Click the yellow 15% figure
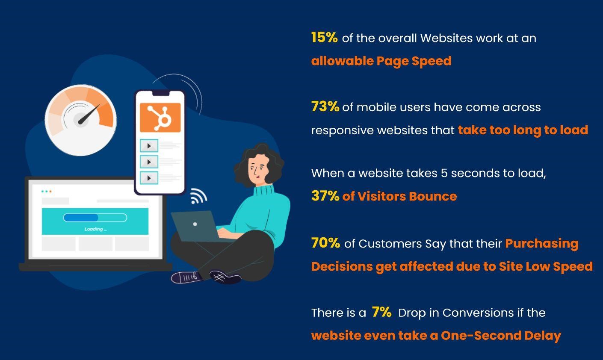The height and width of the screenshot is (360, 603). (324, 38)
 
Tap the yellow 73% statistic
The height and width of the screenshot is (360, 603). (325, 106)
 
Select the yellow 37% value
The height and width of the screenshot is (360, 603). (325, 196)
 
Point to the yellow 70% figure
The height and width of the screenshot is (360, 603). (325, 243)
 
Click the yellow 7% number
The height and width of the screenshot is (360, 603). (381, 312)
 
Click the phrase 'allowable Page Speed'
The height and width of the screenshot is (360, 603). (381, 61)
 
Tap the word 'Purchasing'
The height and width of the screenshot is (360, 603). (541, 243)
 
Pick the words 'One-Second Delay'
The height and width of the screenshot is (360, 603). (501, 336)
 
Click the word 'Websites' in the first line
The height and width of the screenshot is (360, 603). (446, 38)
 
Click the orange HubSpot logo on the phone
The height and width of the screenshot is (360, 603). (160, 117)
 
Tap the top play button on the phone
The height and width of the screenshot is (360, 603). (149, 146)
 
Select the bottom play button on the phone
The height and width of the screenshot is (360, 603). (149, 178)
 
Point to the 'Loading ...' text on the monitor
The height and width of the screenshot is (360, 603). (95, 229)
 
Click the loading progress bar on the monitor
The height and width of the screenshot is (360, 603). (95, 218)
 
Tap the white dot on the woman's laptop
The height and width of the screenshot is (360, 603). (195, 224)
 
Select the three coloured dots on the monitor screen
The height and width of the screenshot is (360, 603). (47, 191)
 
